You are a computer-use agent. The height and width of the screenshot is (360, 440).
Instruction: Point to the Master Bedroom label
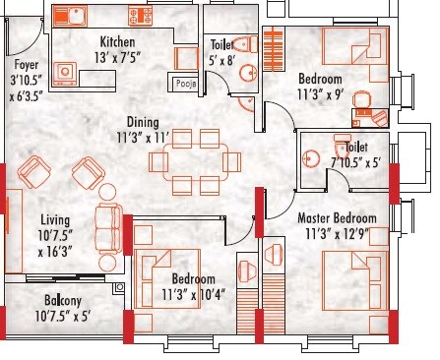coord(336,217)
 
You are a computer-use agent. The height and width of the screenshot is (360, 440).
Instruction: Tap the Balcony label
coord(47,301)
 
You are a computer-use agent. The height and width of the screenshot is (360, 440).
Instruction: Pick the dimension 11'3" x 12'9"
coord(336,233)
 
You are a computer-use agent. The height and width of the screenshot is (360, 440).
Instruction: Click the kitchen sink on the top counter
coord(71,18)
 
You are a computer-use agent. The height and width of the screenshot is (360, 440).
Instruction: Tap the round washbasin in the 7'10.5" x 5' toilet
coord(312,158)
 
